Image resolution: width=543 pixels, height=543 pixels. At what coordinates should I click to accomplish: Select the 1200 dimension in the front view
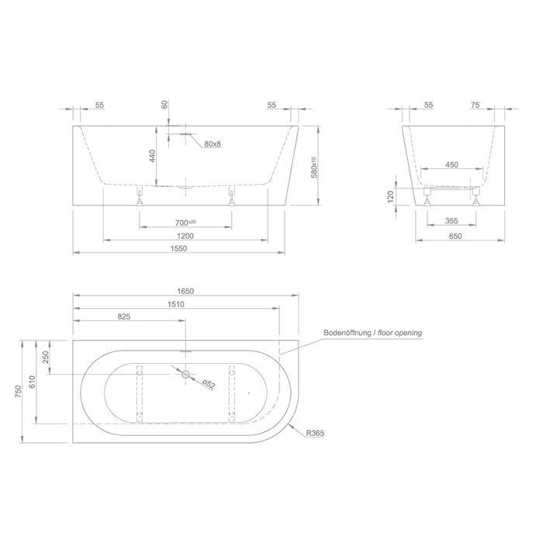pos(184,235)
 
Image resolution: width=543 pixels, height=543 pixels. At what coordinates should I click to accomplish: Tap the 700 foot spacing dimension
pos(184,223)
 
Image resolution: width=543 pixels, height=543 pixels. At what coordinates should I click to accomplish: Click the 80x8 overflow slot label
pos(213,144)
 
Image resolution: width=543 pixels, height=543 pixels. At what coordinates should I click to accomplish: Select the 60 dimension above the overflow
pos(164,105)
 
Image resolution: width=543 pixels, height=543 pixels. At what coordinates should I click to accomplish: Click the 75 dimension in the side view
pos(476,104)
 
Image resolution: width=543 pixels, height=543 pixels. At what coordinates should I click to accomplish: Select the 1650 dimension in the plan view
pos(185,291)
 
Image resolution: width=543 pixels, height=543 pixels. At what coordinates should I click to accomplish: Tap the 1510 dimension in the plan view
pos(176,304)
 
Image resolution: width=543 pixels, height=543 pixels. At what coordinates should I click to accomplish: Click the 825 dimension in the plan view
pos(123,317)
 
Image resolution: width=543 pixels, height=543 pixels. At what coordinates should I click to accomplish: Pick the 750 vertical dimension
pos(22,393)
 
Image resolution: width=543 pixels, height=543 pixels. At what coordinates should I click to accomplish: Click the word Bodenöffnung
pos(347,333)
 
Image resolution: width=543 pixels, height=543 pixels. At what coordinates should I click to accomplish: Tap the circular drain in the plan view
pos(186,375)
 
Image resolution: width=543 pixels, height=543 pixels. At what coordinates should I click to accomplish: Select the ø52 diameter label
pos(208,384)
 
